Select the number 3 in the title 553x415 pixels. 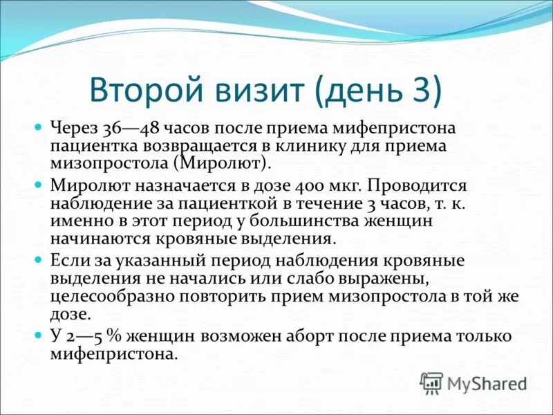click(x=423, y=92)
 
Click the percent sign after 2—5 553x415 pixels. click(x=108, y=336)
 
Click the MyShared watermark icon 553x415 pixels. click(x=431, y=382)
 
